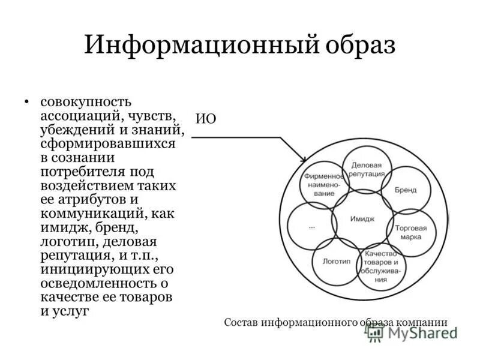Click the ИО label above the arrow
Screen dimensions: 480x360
tap(206, 118)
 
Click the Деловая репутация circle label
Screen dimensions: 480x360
tap(368, 169)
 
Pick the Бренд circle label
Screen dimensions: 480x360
tap(406, 190)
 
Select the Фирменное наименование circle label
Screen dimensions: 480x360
tap(324, 185)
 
